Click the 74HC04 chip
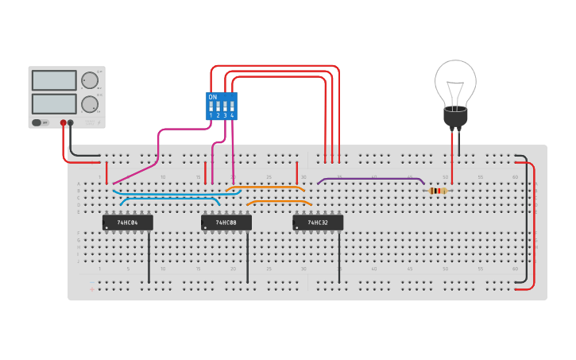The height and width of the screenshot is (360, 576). (127, 223)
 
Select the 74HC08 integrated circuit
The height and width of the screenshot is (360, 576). (226, 223)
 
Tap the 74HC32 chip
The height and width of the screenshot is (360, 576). (318, 223)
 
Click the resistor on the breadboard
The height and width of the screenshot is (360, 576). (437, 191)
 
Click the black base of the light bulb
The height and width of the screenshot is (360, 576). (455, 116)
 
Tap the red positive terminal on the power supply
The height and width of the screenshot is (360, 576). (64, 122)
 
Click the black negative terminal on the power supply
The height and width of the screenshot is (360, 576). (71, 122)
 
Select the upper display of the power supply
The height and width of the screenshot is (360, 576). (54, 80)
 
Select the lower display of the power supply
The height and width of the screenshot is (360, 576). (54, 103)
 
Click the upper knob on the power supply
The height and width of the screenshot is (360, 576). (90, 79)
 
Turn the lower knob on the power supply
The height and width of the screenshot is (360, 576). (90, 103)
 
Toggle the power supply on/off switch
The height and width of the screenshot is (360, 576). (37, 122)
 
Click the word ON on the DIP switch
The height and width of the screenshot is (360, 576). (212, 97)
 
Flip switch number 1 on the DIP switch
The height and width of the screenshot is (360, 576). (211, 106)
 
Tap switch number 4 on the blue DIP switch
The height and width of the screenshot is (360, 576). (232, 106)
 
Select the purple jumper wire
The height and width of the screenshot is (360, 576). (369, 179)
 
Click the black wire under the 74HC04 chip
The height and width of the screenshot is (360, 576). (149, 258)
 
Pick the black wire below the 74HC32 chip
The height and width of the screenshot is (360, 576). (339, 258)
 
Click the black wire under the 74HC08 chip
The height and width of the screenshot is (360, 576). (247, 258)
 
